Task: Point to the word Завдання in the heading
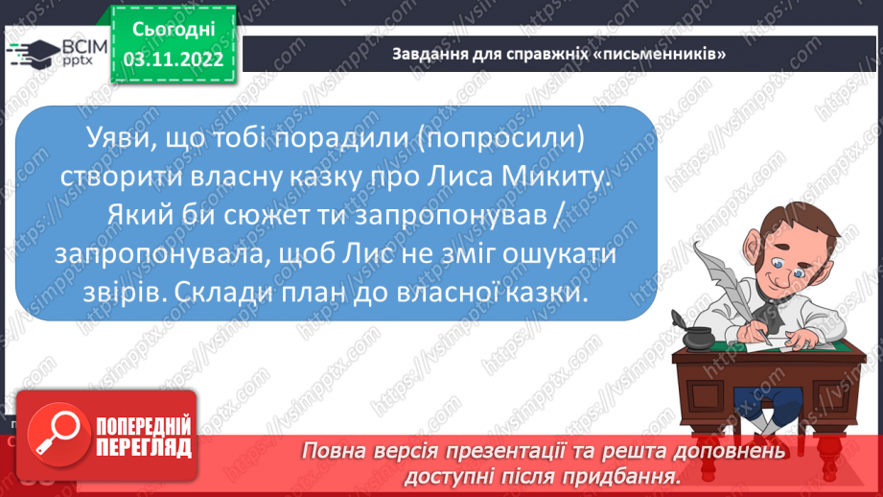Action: click(423, 54)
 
